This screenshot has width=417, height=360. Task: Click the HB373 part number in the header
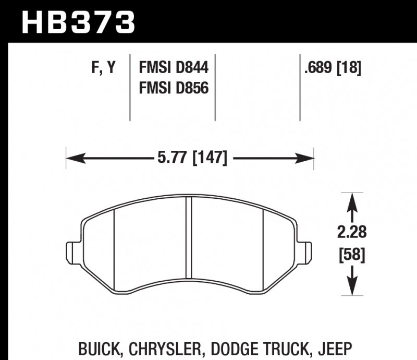[x=78, y=22]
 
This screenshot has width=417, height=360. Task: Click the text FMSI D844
[x=173, y=68]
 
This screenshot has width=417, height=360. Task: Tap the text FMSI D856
[x=173, y=88]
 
